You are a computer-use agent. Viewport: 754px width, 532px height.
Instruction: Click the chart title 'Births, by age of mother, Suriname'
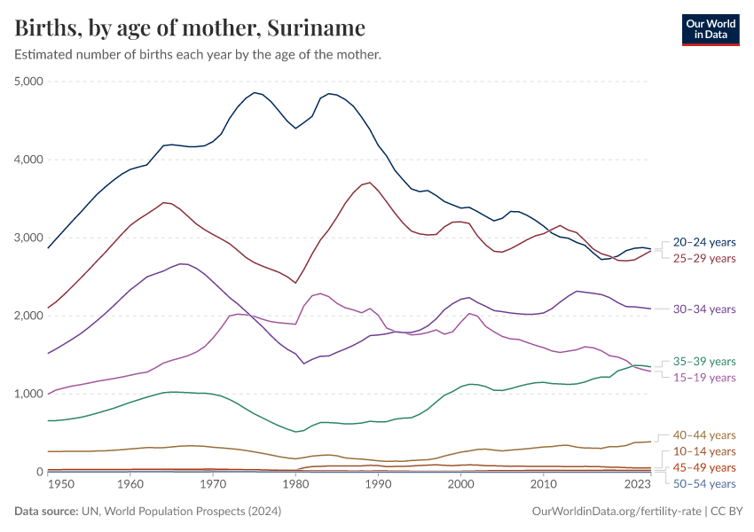190,28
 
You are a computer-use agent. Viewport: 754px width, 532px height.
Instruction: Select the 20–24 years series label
704,242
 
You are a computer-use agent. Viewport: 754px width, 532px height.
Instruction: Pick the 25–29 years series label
704,258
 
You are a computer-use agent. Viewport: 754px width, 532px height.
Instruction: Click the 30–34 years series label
704,309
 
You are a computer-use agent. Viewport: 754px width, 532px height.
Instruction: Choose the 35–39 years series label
704,362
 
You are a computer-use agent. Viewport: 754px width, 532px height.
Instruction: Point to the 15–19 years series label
704,378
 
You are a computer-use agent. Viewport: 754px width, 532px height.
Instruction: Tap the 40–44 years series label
704,435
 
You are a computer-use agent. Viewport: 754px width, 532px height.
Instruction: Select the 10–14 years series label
704,452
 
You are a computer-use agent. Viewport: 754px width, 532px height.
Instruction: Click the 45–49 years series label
704,467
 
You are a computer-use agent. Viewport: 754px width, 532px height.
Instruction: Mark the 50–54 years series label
704,483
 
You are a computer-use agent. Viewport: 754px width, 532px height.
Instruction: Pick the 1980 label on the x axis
295,486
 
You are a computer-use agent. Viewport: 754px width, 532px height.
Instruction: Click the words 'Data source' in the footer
43,512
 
